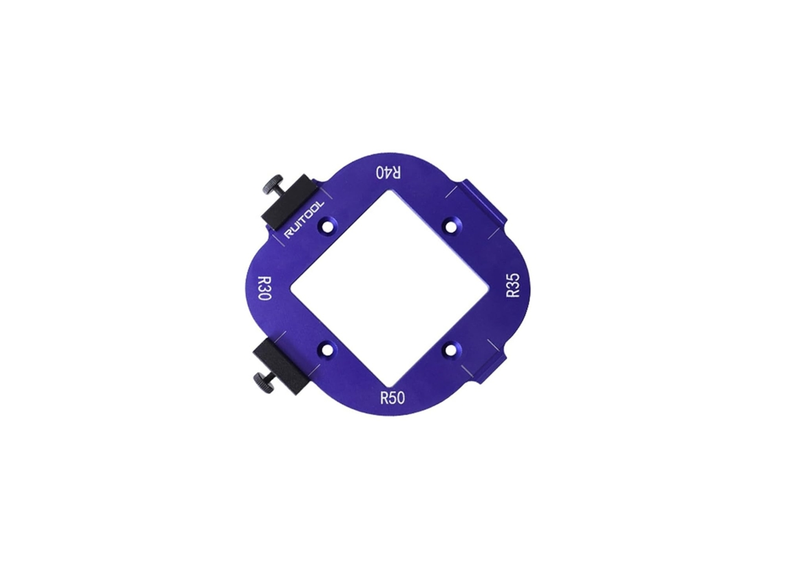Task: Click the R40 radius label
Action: [388, 173]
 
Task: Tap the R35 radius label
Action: [513, 285]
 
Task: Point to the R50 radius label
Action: [392, 398]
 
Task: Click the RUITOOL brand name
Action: [304, 219]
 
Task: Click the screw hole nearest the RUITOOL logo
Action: [328, 226]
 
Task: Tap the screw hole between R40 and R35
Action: [452, 226]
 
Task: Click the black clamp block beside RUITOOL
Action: [289, 202]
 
